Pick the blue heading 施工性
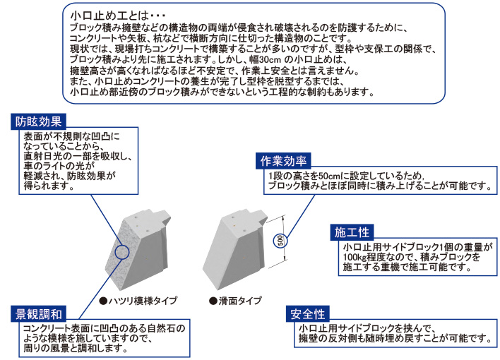tap(350, 232)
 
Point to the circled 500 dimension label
tap(280, 241)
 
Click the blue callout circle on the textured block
tap(121, 251)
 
